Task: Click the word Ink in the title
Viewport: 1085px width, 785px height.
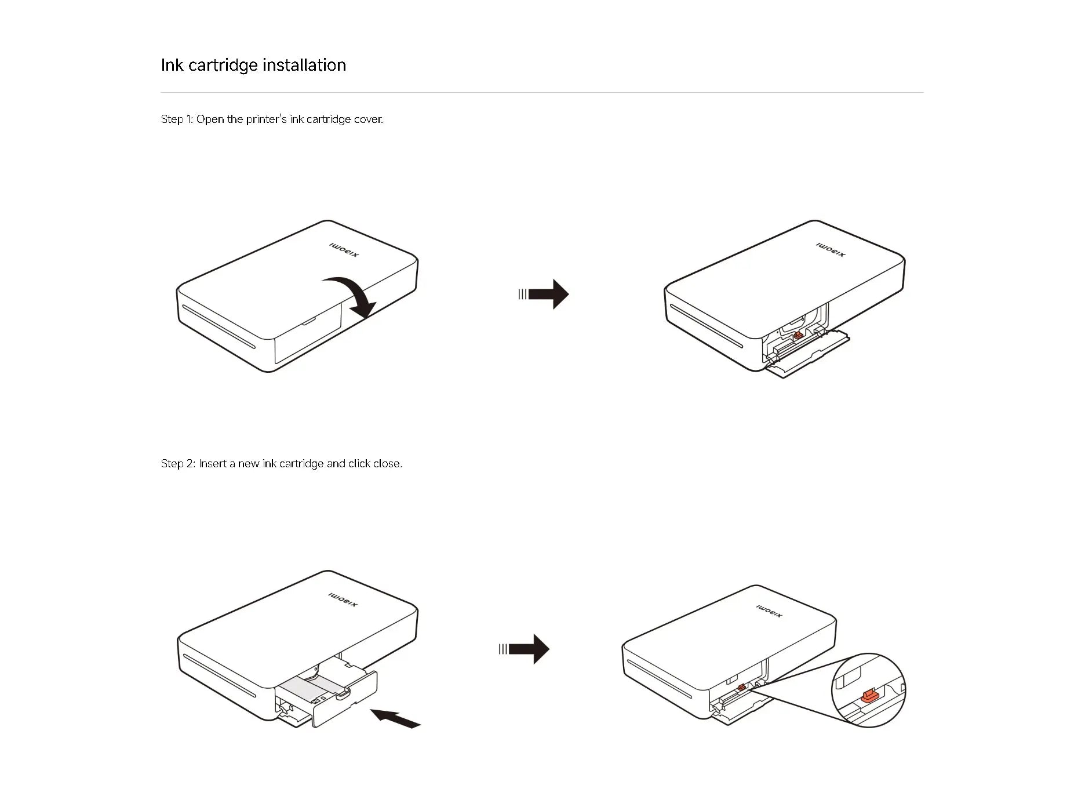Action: pyautogui.click(x=172, y=65)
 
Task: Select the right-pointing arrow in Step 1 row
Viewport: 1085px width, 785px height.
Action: pyautogui.click(x=547, y=294)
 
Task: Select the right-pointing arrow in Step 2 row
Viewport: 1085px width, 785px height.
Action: pyautogui.click(x=528, y=649)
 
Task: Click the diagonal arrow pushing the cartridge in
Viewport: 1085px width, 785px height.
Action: pyautogui.click(x=395, y=719)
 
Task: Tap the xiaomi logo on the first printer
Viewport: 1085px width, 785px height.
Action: pyautogui.click(x=344, y=250)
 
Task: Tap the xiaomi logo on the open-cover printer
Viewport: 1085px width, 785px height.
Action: pyautogui.click(x=831, y=250)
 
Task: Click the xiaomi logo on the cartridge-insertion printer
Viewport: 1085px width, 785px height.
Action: pyautogui.click(x=343, y=600)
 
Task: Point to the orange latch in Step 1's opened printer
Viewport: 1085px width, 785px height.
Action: pyautogui.click(x=798, y=335)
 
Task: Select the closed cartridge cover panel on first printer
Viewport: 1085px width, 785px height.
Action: pyautogui.click(x=307, y=339)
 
